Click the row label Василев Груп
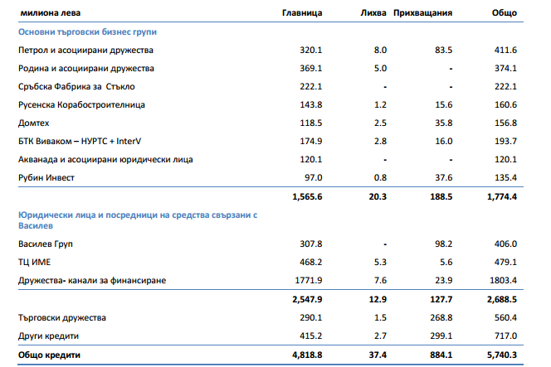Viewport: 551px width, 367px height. tap(46, 244)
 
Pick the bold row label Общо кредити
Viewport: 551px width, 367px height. tap(50, 355)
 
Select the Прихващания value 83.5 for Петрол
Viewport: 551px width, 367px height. tap(442, 50)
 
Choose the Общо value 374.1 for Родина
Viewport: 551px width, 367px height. tap(504, 68)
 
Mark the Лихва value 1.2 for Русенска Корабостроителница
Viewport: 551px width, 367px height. tap(382, 104)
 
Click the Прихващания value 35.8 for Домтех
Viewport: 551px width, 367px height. tap(442, 123)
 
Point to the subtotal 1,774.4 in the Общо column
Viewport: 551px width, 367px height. tap(500, 196)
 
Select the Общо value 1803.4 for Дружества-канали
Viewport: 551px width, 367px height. tap(501, 281)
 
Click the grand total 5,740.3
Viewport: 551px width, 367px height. tap(500, 355)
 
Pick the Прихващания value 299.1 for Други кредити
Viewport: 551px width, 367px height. tap(440, 336)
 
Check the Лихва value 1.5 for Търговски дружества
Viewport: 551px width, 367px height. tap(382, 317)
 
